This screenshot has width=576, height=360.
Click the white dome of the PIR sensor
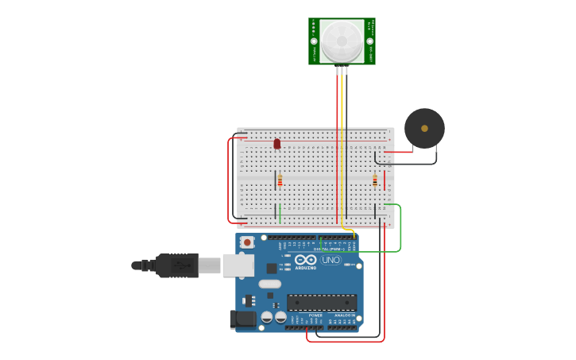coord(342,40)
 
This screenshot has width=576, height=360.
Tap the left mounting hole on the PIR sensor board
coord(314,41)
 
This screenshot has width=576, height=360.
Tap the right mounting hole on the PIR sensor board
coord(370,41)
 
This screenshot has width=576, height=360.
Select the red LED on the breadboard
coord(276,144)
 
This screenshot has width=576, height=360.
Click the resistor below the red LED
coord(280,180)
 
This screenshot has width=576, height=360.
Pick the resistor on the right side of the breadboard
coord(375,181)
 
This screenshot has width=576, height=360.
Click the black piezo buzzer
coord(424,128)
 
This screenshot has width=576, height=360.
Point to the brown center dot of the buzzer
coord(424,128)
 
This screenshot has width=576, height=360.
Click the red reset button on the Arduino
coord(247,242)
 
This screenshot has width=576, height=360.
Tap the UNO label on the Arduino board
coord(331,260)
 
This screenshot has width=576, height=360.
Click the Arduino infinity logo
coord(306,259)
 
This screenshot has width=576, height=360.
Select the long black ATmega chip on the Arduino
coord(322,302)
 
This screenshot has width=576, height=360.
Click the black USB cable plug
coord(176,265)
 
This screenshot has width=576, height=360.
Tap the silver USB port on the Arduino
coord(238,265)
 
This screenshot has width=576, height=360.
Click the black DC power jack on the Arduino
coord(242,319)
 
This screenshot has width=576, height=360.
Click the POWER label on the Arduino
coord(315,315)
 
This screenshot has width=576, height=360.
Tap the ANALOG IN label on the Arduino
coord(343,315)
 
